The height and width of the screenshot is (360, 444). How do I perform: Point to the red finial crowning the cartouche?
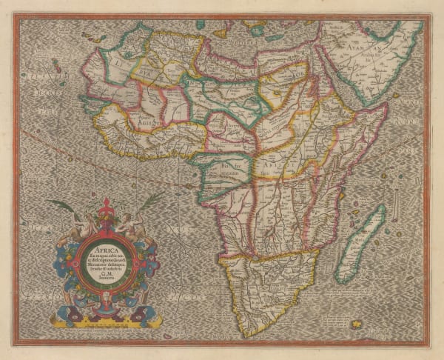105,207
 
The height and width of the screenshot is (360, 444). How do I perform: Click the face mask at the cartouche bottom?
106,303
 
